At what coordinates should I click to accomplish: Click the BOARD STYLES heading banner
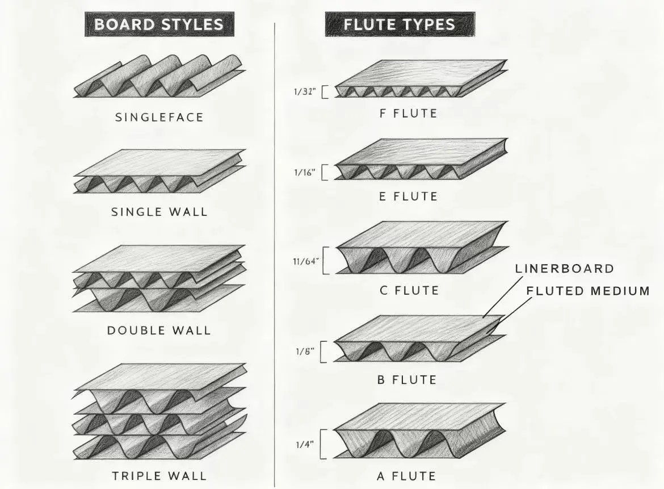(x=158, y=25)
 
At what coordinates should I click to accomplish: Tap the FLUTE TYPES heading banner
(x=400, y=24)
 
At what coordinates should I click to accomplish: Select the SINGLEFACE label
(x=159, y=118)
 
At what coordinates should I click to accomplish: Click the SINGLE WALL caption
(x=159, y=212)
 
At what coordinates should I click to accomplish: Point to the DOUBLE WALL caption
(x=159, y=330)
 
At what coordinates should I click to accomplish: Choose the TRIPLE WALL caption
(x=159, y=475)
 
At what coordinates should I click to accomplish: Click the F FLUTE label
(x=408, y=114)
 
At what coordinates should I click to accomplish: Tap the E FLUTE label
(x=408, y=197)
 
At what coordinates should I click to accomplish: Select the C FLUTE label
(x=408, y=291)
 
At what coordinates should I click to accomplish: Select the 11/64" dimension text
(x=306, y=261)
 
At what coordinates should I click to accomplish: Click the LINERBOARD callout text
(x=565, y=269)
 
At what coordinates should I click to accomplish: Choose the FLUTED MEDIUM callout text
(x=587, y=291)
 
